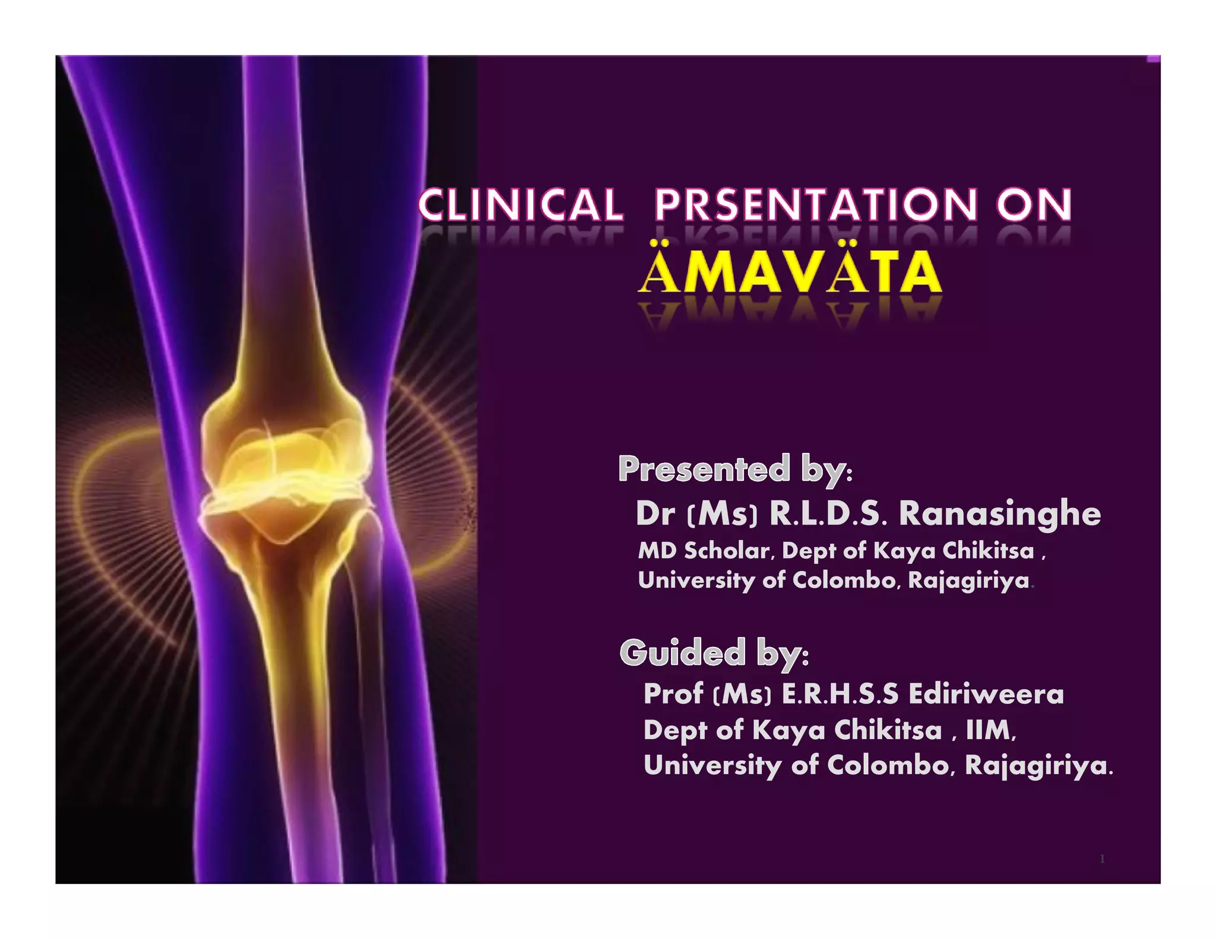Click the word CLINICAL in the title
(521, 205)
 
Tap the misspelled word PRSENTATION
(816, 205)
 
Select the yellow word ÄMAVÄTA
(790, 272)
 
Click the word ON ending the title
(1034, 205)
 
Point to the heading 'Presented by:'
(735, 469)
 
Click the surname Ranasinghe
(999, 513)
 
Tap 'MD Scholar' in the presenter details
(704, 551)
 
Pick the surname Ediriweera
(986, 694)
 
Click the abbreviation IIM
(990, 730)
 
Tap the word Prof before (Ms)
(673, 694)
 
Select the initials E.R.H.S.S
(840, 694)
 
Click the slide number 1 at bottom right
(1102, 859)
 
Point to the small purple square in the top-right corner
(1154, 59)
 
